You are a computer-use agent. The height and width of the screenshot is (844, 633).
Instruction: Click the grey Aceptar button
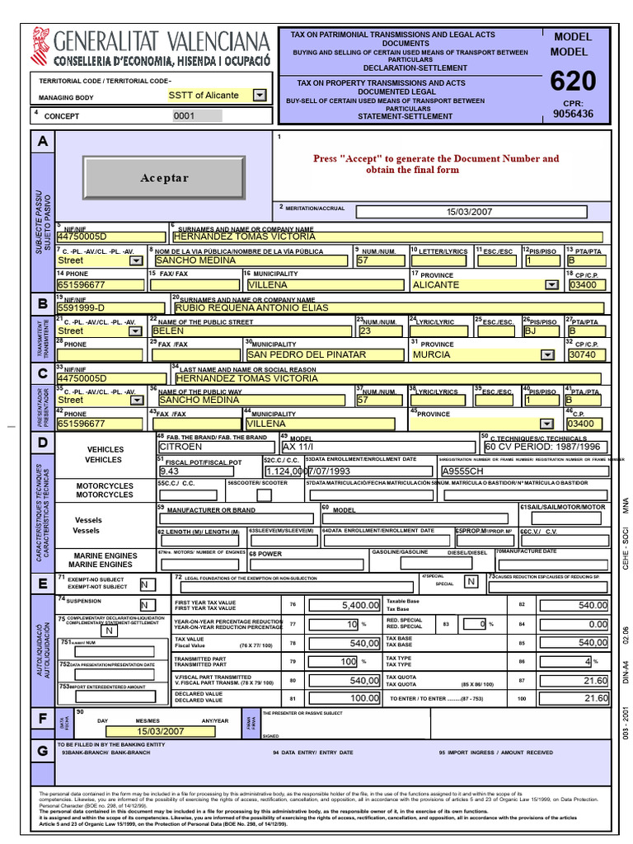click(x=164, y=178)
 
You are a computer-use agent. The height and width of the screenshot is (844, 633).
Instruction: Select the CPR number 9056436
click(x=572, y=115)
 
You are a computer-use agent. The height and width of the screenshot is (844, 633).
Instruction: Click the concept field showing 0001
click(x=197, y=116)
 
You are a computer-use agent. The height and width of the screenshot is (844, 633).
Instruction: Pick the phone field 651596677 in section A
click(x=102, y=284)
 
